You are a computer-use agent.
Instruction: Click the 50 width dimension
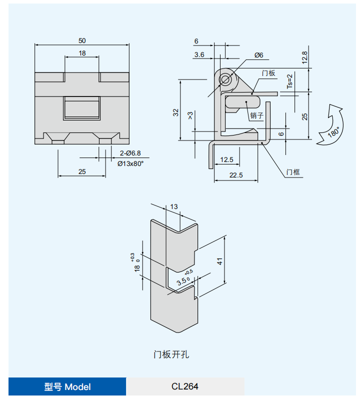[x=82, y=40]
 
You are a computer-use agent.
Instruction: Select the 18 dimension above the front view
[x=82, y=53]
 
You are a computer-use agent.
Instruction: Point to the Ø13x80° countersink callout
[x=130, y=163]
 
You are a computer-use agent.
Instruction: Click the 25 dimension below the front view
[x=82, y=171]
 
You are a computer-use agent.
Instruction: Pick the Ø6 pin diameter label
[x=258, y=55]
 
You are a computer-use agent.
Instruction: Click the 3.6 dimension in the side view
[x=199, y=55]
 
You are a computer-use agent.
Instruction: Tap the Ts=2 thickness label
[x=289, y=81]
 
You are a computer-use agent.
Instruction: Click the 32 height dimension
[x=175, y=112]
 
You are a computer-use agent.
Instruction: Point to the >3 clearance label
[x=190, y=115]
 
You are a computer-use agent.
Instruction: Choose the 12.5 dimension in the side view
[x=227, y=159]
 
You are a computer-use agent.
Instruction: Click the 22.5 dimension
[x=236, y=175]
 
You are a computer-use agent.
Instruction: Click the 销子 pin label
[x=256, y=115]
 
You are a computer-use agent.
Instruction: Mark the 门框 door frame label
[x=293, y=172]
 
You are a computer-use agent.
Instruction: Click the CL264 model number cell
[x=185, y=386]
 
